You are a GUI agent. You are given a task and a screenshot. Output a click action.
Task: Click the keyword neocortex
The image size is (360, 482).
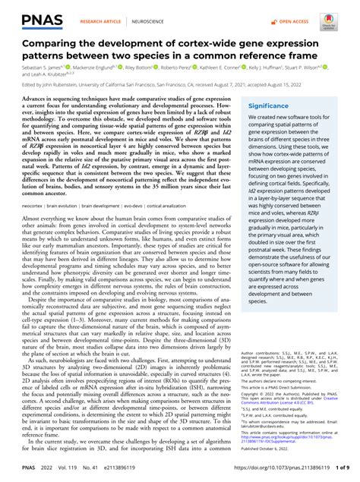coord(33,205)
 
